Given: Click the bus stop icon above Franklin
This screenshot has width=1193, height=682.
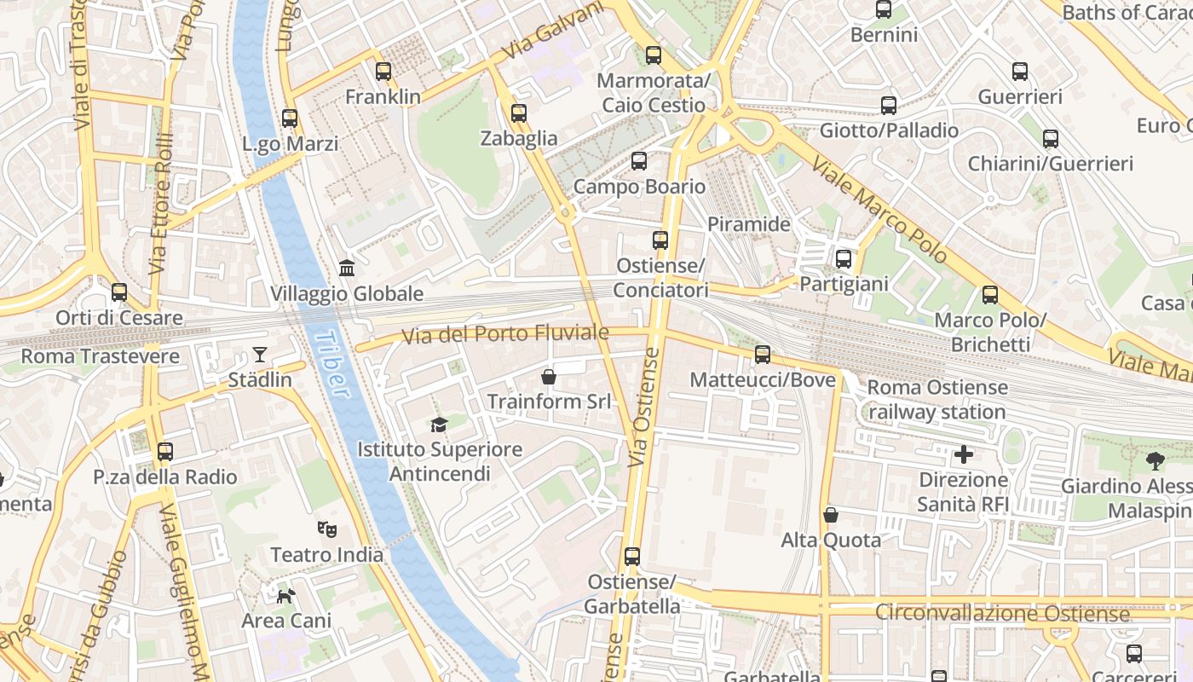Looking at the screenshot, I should point(383,72).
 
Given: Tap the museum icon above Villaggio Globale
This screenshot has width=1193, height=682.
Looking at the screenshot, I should point(347,269).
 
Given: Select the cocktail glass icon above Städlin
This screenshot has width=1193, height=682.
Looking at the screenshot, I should point(260,354).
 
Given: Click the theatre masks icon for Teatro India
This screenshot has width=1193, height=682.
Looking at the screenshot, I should point(326,529).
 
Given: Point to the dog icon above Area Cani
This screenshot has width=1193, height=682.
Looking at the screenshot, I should point(286,594).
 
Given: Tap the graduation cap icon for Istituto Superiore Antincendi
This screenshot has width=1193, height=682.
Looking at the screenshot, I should point(439,424).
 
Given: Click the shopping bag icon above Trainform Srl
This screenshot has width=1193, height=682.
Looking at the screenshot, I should point(549,376).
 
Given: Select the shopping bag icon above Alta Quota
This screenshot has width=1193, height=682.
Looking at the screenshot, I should point(831,515).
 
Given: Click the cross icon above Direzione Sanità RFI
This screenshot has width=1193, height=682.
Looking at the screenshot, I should point(964,454).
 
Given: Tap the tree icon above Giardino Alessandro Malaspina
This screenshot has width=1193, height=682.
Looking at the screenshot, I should point(1156,461).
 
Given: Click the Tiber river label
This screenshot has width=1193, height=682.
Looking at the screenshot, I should point(333,364).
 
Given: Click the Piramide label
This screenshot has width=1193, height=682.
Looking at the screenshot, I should point(749,224).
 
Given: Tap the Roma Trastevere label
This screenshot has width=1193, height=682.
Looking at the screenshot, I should point(100,356).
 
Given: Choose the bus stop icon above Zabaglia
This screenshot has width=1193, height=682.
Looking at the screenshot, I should point(518,113).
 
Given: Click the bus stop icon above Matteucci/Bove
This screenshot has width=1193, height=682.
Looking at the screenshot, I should point(763,355).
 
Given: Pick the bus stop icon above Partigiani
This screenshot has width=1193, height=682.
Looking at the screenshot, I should point(844,259).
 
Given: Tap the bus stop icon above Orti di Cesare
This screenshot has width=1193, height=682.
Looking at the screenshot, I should point(119,293).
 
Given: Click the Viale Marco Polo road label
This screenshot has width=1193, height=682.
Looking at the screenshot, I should point(879,209).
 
